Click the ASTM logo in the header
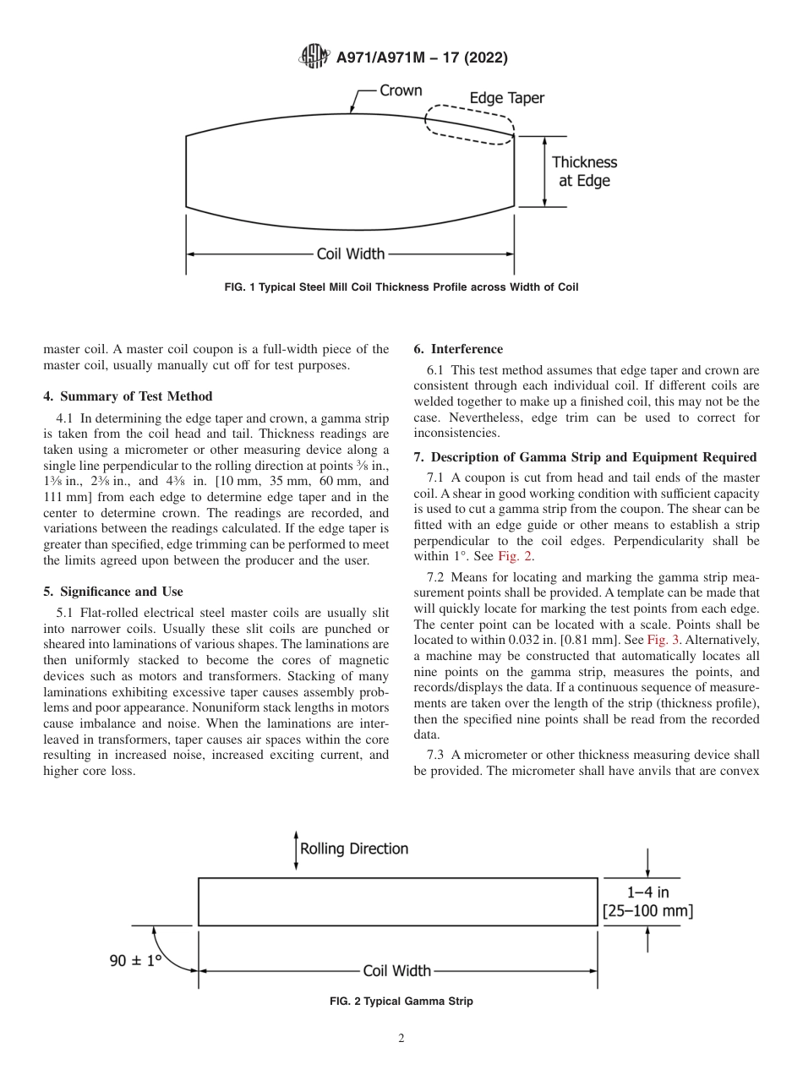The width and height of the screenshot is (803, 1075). click(x=315, y=58)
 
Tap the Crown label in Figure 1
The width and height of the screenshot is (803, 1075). click(x=401, y=90)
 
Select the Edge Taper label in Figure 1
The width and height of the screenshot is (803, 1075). click(x=506, y=98)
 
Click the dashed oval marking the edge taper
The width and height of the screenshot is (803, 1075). click(x=469, y=126)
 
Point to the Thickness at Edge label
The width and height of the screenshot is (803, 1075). click(x=584, y=171)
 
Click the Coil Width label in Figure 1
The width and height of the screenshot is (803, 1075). click(x=350, y=253)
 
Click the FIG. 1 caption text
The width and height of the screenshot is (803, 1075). click(x=401, y=287)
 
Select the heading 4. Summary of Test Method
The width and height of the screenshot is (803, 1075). click(x=128, y=396)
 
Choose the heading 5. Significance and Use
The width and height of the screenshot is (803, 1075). click(x=112, y=592)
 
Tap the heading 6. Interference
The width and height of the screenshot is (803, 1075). click(x=458, y=349)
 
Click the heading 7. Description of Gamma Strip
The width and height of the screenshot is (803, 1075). click(x=585, y=457)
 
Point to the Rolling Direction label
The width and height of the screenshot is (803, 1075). click(x=354, y=849)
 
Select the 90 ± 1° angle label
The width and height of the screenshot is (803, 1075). click(x=135, y=961)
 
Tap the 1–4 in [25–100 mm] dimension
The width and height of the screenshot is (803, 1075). click(x=647, y=901)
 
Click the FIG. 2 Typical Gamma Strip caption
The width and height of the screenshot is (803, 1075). click(x=401, y=1001)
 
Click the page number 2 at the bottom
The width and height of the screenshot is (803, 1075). click(x=401, y=1039)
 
